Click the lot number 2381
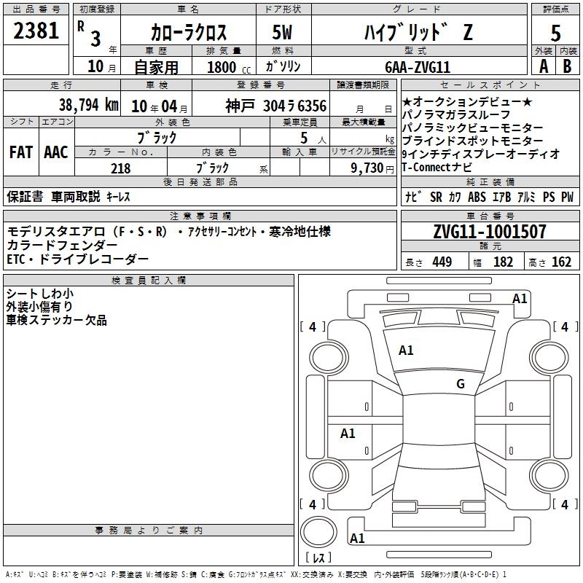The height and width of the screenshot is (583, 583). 36,31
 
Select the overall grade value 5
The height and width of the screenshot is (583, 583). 555,33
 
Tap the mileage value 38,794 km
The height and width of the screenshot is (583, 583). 89,105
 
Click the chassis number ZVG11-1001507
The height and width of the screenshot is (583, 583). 490,232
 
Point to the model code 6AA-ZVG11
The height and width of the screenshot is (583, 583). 418,67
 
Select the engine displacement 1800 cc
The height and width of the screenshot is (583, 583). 229,67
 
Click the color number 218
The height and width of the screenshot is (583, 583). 120,168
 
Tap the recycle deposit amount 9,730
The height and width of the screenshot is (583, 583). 367,168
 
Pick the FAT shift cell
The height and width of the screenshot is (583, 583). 21,152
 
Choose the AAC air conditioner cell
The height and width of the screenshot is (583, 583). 56,152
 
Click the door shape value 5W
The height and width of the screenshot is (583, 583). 282,32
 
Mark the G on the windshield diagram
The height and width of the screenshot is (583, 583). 461,383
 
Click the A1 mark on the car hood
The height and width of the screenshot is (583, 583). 406,351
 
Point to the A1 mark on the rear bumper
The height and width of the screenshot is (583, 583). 357,538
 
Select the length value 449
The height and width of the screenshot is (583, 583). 442,262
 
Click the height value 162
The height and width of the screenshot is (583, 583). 561,262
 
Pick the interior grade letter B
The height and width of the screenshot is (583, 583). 567,66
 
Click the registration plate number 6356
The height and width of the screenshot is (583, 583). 312,106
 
